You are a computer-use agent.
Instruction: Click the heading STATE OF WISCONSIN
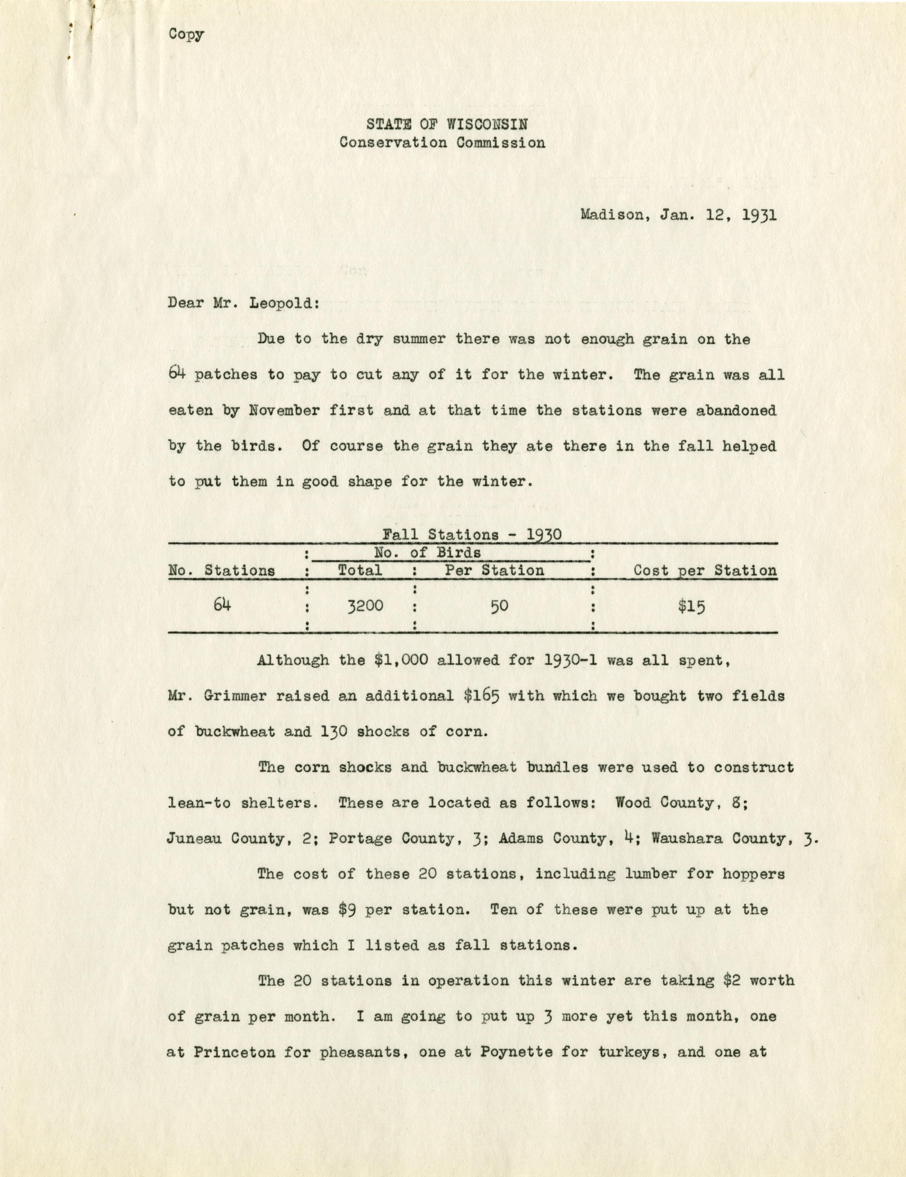[x=447, y=124]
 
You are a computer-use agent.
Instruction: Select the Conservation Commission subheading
[x=442, y=143]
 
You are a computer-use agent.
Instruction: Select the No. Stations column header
[x=221, y=571]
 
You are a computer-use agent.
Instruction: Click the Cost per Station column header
[x=705, y=571]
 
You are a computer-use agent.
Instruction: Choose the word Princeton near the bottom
[x=234, y=1053]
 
